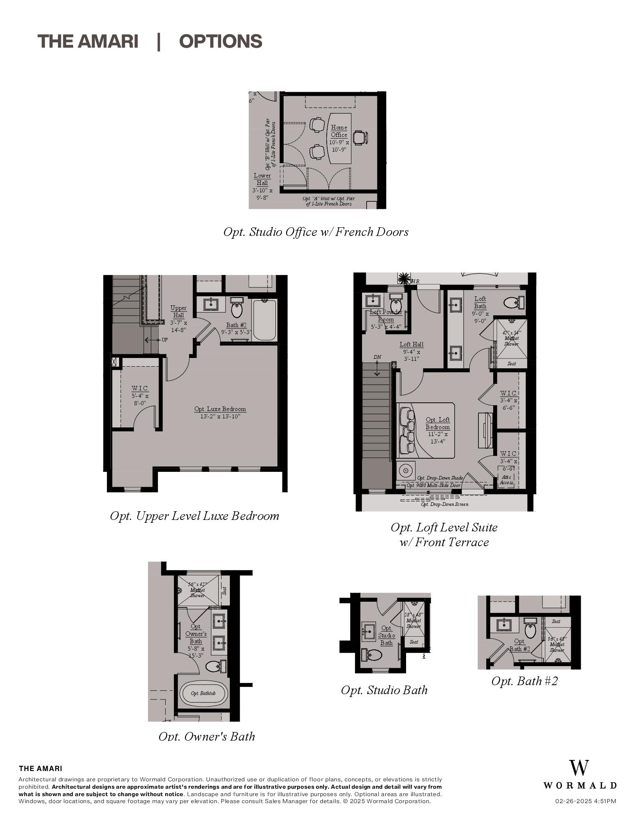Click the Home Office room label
339,131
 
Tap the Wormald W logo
579,768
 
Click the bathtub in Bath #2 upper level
264,320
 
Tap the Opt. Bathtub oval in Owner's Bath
203,693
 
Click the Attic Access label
506,480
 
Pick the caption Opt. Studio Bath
384,690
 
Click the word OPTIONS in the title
221,42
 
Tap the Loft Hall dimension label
411,351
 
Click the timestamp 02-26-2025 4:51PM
585,801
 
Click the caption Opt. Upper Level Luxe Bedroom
194,516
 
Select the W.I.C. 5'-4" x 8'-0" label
140,395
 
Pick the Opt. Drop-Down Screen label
444,504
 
